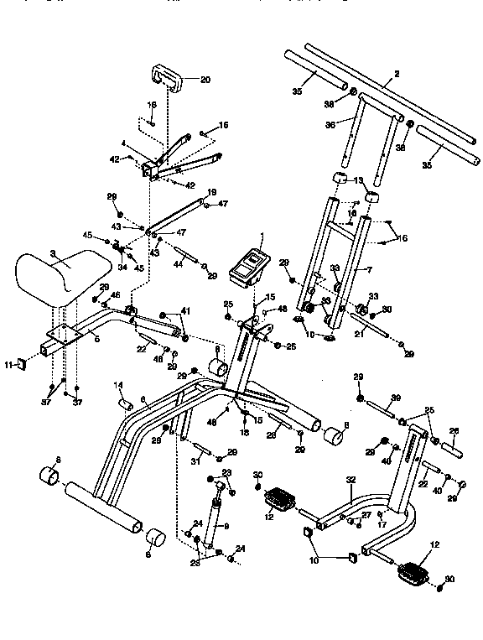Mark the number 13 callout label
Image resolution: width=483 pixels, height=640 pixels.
(x=357, y=180)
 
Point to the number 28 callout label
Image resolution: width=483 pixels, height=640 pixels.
(x=271, y=435)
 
